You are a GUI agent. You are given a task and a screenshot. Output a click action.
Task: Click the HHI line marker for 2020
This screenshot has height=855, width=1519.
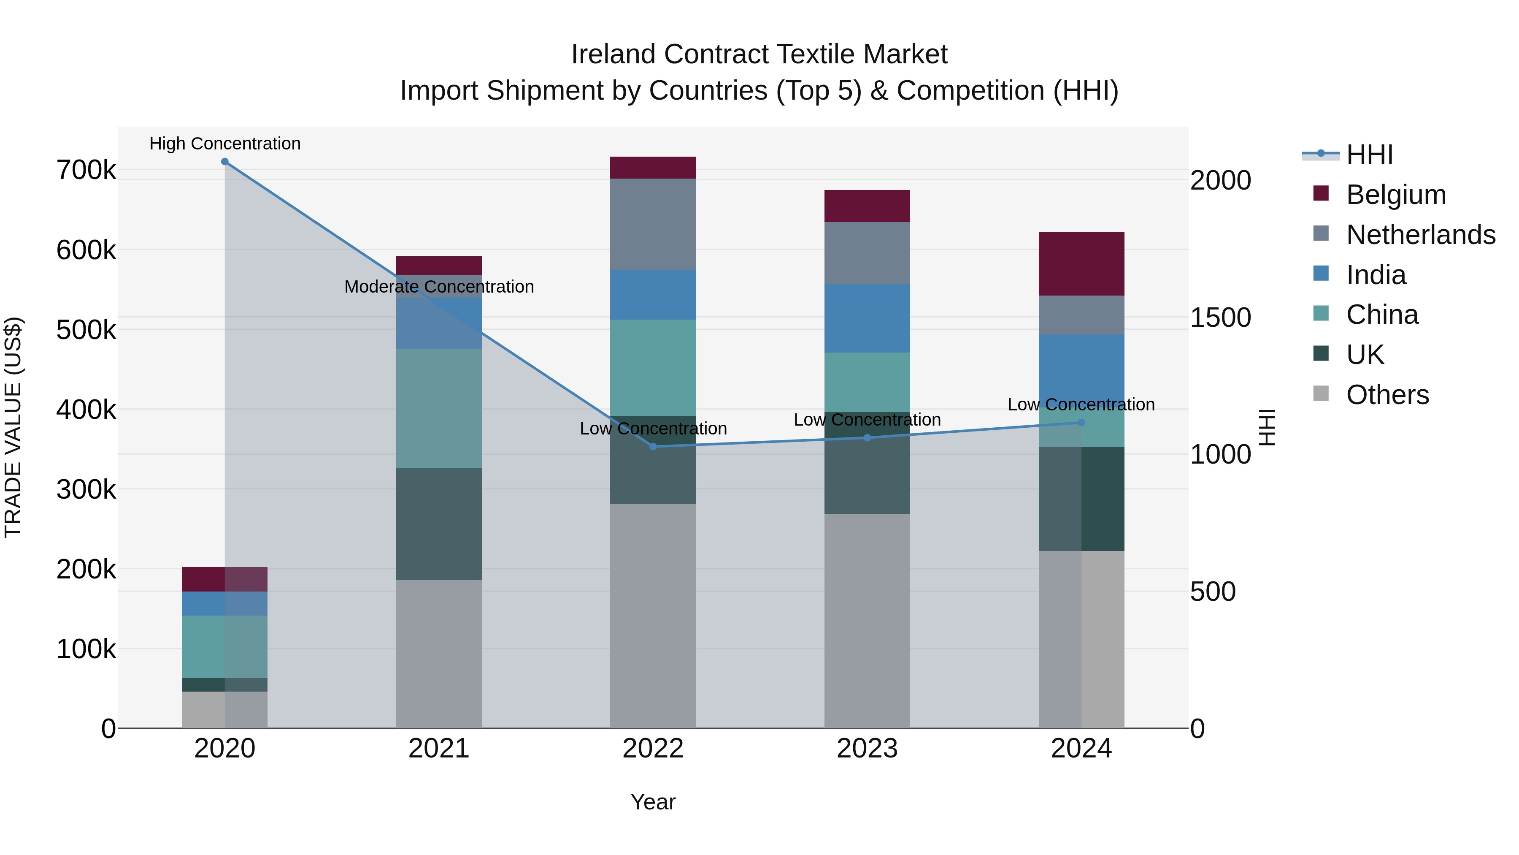224,162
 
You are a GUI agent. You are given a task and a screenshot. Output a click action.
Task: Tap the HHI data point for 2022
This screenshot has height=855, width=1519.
653,447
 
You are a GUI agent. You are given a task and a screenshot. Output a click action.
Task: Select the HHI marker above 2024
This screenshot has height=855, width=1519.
1081,423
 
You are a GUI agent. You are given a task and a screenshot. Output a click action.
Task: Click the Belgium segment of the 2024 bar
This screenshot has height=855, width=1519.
1081,264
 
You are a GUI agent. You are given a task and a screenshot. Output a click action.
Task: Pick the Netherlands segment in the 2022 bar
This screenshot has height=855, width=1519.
653,224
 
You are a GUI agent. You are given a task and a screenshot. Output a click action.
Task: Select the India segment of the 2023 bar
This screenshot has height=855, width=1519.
867,319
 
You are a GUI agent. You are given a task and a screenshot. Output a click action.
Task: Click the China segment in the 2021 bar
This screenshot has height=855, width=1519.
439,408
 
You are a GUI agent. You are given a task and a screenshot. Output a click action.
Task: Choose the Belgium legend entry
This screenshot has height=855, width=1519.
1395,195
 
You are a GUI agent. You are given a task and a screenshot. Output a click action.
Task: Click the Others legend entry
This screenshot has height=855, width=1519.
1387,395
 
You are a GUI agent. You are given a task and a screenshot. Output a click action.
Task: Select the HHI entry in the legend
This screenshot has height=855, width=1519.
1369,155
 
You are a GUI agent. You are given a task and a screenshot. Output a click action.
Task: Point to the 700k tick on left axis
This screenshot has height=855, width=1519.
86,171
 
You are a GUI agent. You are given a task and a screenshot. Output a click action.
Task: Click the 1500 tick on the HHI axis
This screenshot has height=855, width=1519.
1220,318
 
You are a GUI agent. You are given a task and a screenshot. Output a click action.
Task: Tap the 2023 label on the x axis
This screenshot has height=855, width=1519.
867,749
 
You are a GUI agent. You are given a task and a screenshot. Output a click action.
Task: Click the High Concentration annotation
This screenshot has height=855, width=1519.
224,144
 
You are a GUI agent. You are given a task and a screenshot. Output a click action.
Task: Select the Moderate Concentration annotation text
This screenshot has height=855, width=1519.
439,287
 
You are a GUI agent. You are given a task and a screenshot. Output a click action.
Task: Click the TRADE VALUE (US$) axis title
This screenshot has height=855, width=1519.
13,427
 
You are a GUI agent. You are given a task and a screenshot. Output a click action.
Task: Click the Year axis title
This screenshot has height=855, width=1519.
653,802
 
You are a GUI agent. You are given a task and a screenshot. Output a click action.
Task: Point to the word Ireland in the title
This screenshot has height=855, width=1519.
614,54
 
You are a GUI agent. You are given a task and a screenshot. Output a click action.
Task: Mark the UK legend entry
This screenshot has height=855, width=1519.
1365,355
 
